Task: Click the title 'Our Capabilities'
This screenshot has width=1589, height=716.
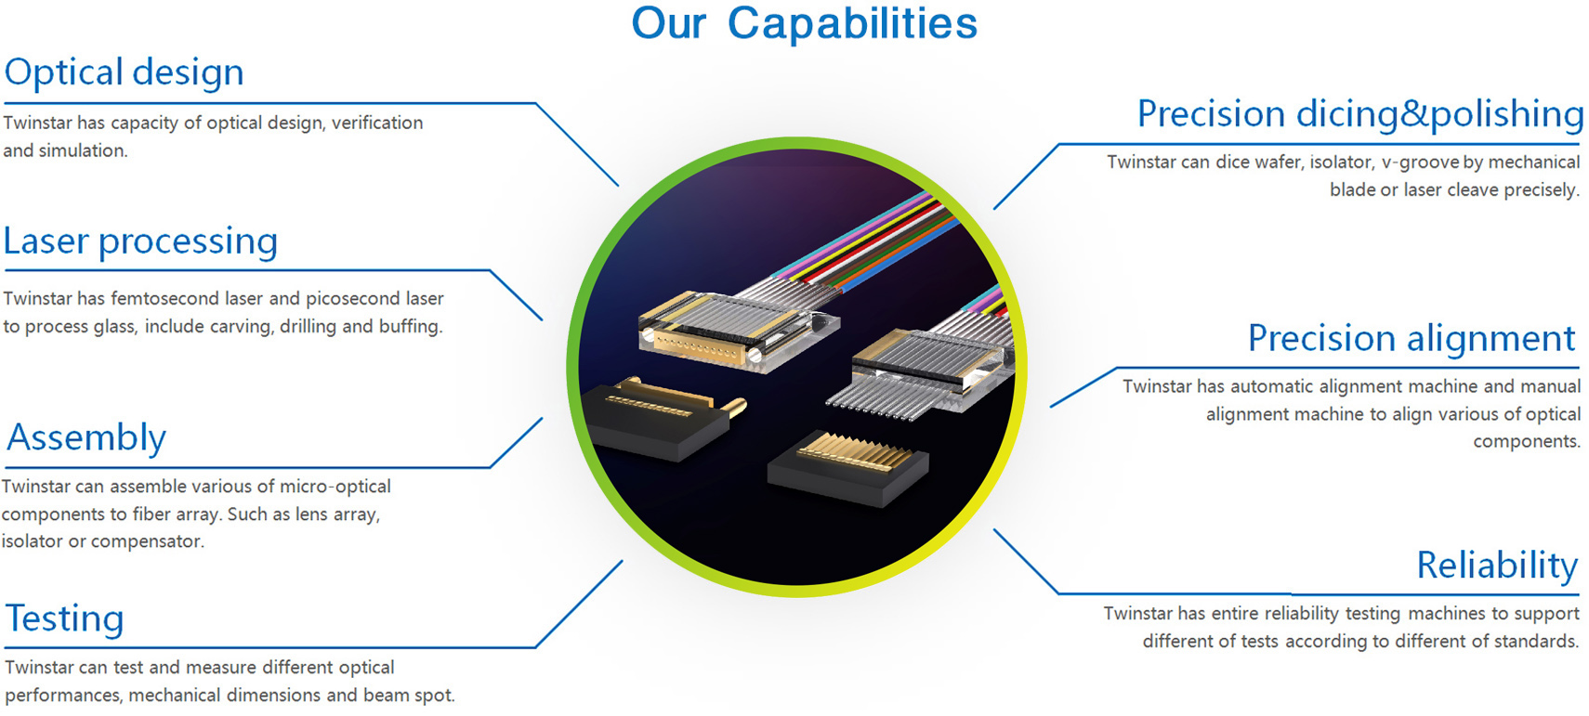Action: [x=805, y=23]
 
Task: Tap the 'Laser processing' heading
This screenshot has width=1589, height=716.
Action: [x=140, y=241]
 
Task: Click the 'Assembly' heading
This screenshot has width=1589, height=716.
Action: [x=86, y=437]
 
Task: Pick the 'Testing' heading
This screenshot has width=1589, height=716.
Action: [x=64, y=618]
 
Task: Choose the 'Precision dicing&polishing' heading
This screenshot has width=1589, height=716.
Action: [x=1359, y=113]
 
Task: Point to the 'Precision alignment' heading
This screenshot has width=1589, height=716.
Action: [x=1412, y=337]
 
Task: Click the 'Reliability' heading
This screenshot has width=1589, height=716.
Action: [x=1498, y=565]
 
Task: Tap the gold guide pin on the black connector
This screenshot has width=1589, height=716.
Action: [x=733, y=409]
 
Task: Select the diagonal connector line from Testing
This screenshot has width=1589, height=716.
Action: [x=579, y=604]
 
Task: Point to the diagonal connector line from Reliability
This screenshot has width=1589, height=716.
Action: [x=1026, y=561]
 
